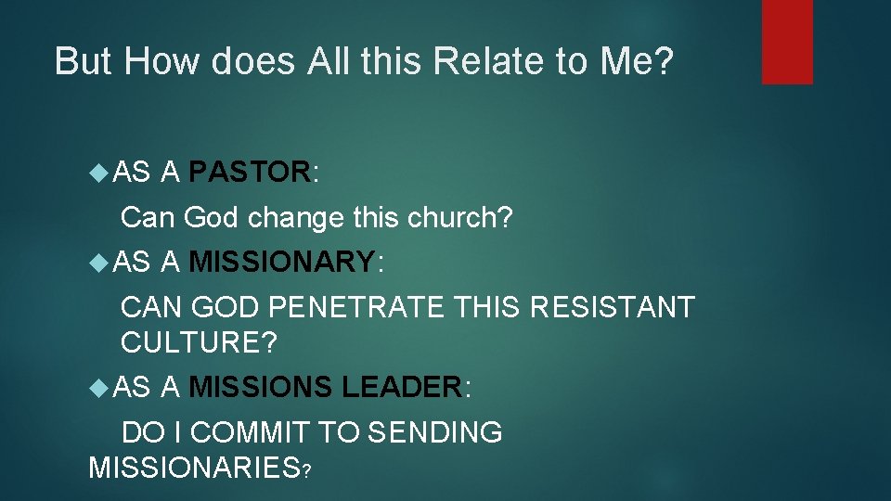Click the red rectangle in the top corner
[787, 42]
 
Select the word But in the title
[84, 61]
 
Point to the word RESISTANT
[612, 307]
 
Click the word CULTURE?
[199, 342]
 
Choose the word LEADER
[402, 387]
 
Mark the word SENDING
[435, 432]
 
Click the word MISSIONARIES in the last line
[193, 468]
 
